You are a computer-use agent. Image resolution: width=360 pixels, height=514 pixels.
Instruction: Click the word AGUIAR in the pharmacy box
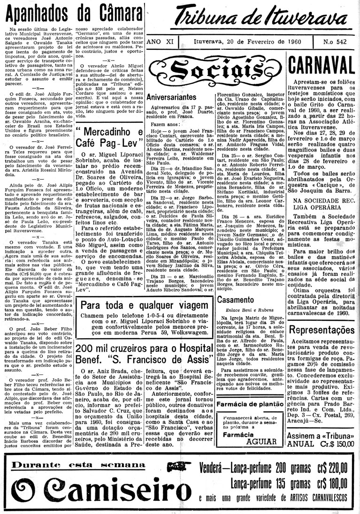[x=261, y=441]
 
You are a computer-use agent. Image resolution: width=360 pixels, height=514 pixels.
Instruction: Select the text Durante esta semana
[x=78, y=465]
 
